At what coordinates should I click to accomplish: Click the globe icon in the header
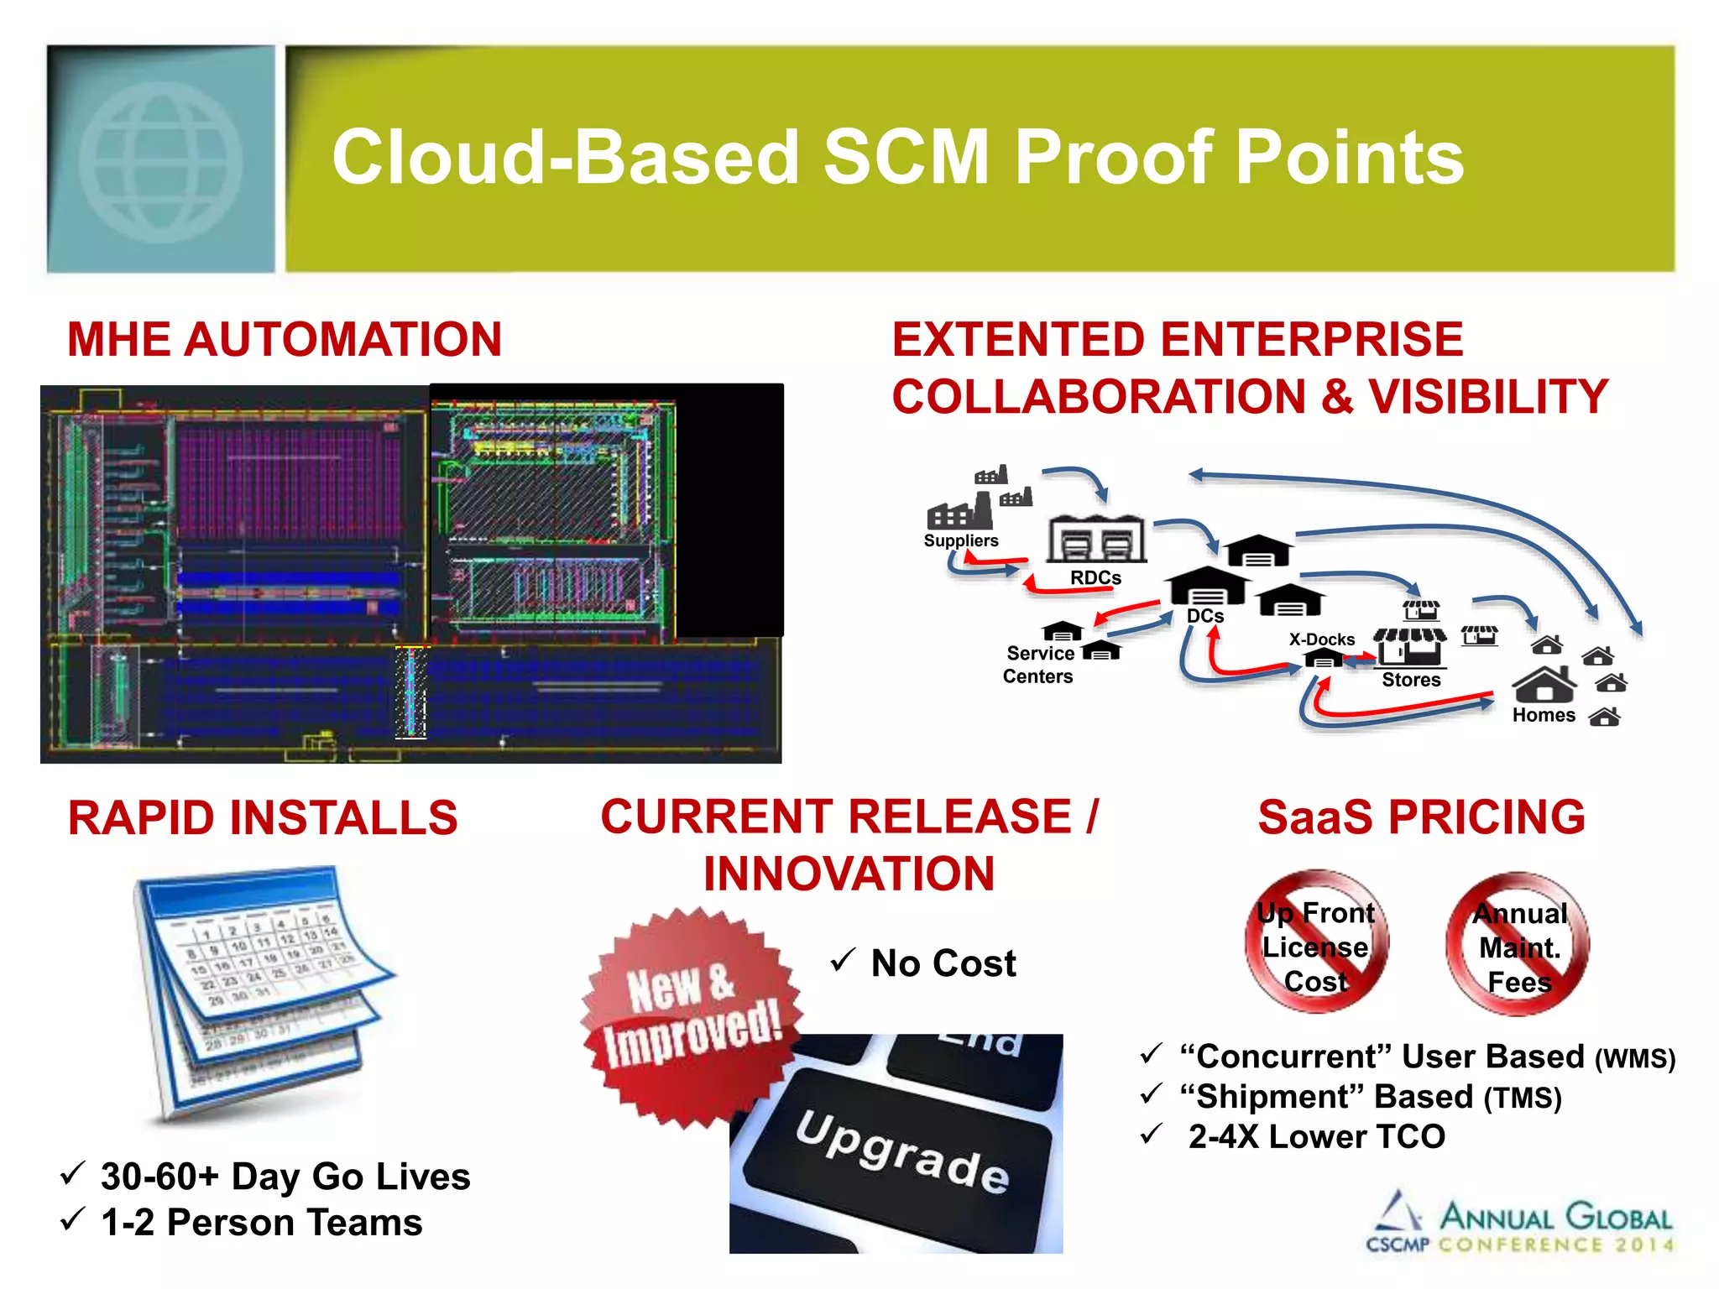(161, 161)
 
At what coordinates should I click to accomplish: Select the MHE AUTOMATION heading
(285, 340)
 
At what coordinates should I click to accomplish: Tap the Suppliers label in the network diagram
(961, 541)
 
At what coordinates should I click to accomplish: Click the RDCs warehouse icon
(1095, 540)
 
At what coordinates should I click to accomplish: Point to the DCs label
(1205, 616)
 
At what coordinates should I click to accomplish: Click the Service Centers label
(1039, 665)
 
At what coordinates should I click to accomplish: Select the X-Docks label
(1322, 639)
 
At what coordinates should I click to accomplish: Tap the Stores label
(1411, 680)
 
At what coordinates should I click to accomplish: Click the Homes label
(1544, 715)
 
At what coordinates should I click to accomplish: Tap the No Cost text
(943, 963)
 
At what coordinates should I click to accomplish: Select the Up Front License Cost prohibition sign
(1315, 943)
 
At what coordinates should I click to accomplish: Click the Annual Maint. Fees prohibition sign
(1518, 945)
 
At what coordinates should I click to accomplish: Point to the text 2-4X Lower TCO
(1316, 1137)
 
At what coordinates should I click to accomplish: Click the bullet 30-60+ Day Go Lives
(285, 1177)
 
